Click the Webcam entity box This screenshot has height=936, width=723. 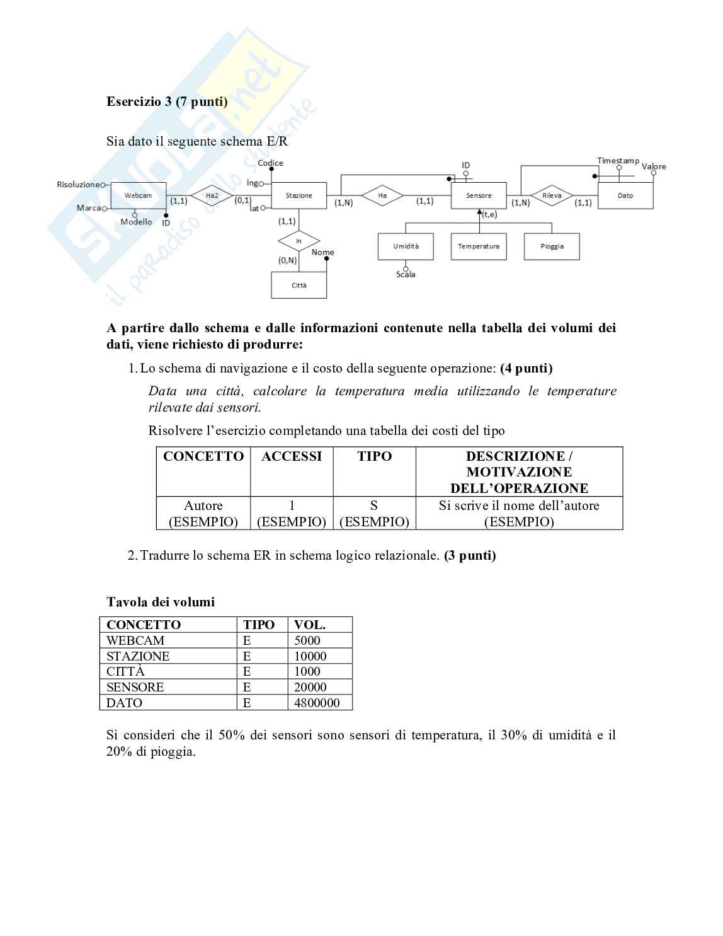(x=138, y=196)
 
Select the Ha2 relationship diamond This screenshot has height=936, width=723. (x=212, y=196)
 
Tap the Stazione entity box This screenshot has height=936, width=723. (x=299, y=196)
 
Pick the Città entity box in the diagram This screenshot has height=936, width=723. (x=299, y=286)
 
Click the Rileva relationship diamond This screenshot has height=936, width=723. (x=552, y=196)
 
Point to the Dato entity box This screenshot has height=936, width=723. (x=625, y=196)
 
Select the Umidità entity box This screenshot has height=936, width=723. (x=406, y=246)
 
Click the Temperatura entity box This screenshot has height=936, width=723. (x=479, y=246)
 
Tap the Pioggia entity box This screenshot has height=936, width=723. (x=552, y=246)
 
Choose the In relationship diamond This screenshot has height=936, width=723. (x=299, y=241)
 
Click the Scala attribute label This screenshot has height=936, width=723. (x=406, y=275)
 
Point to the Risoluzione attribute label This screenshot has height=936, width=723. (x=78, y=185)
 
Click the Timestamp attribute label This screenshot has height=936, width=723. (x=618, y=161)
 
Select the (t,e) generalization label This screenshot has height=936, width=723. (x=489, y=215)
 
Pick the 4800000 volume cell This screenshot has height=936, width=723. (x=317, y=703)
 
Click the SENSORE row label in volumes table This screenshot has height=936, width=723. (x=135, y=687)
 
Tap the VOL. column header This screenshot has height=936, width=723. (x=309, y=625)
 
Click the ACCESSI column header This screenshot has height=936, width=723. (x=292, y=456)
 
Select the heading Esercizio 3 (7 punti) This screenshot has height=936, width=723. (x=167, y=101)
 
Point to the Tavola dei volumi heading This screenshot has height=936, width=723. (x=161, y=602)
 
